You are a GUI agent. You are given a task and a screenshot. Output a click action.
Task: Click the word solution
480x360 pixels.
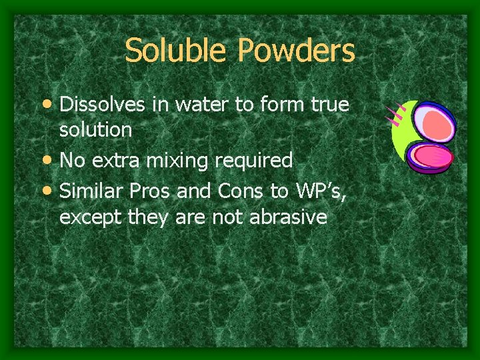click(x=95, y=130)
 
